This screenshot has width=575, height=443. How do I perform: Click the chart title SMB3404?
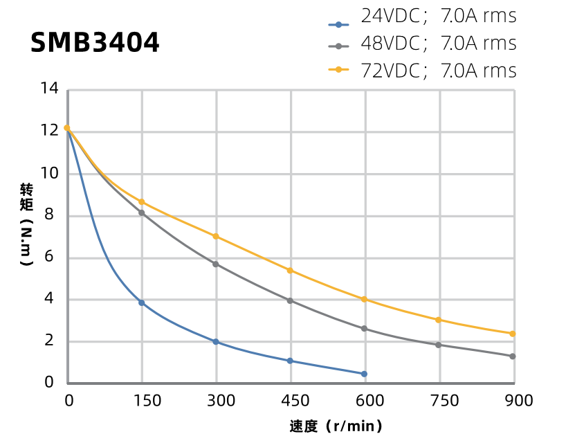(95, 43)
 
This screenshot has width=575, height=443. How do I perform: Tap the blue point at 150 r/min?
(142, 302)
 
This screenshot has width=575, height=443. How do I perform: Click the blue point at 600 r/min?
(364, 374)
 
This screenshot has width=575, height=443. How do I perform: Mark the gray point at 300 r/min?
(216, 264)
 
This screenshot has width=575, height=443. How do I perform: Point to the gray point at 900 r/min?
(513, 356)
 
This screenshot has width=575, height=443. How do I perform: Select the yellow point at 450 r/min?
(290, 270)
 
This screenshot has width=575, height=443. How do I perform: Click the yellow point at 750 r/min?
(438, 320)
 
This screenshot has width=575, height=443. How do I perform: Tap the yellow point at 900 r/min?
(513, 334)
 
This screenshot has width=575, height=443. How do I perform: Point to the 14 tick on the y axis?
(49, 89)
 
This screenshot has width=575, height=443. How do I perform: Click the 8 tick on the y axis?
(49, 215)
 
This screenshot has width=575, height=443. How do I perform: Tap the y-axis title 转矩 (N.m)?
(26, 225)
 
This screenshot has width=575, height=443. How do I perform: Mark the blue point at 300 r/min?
(216, 342)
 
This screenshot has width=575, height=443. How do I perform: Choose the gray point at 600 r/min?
(365, 329)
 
